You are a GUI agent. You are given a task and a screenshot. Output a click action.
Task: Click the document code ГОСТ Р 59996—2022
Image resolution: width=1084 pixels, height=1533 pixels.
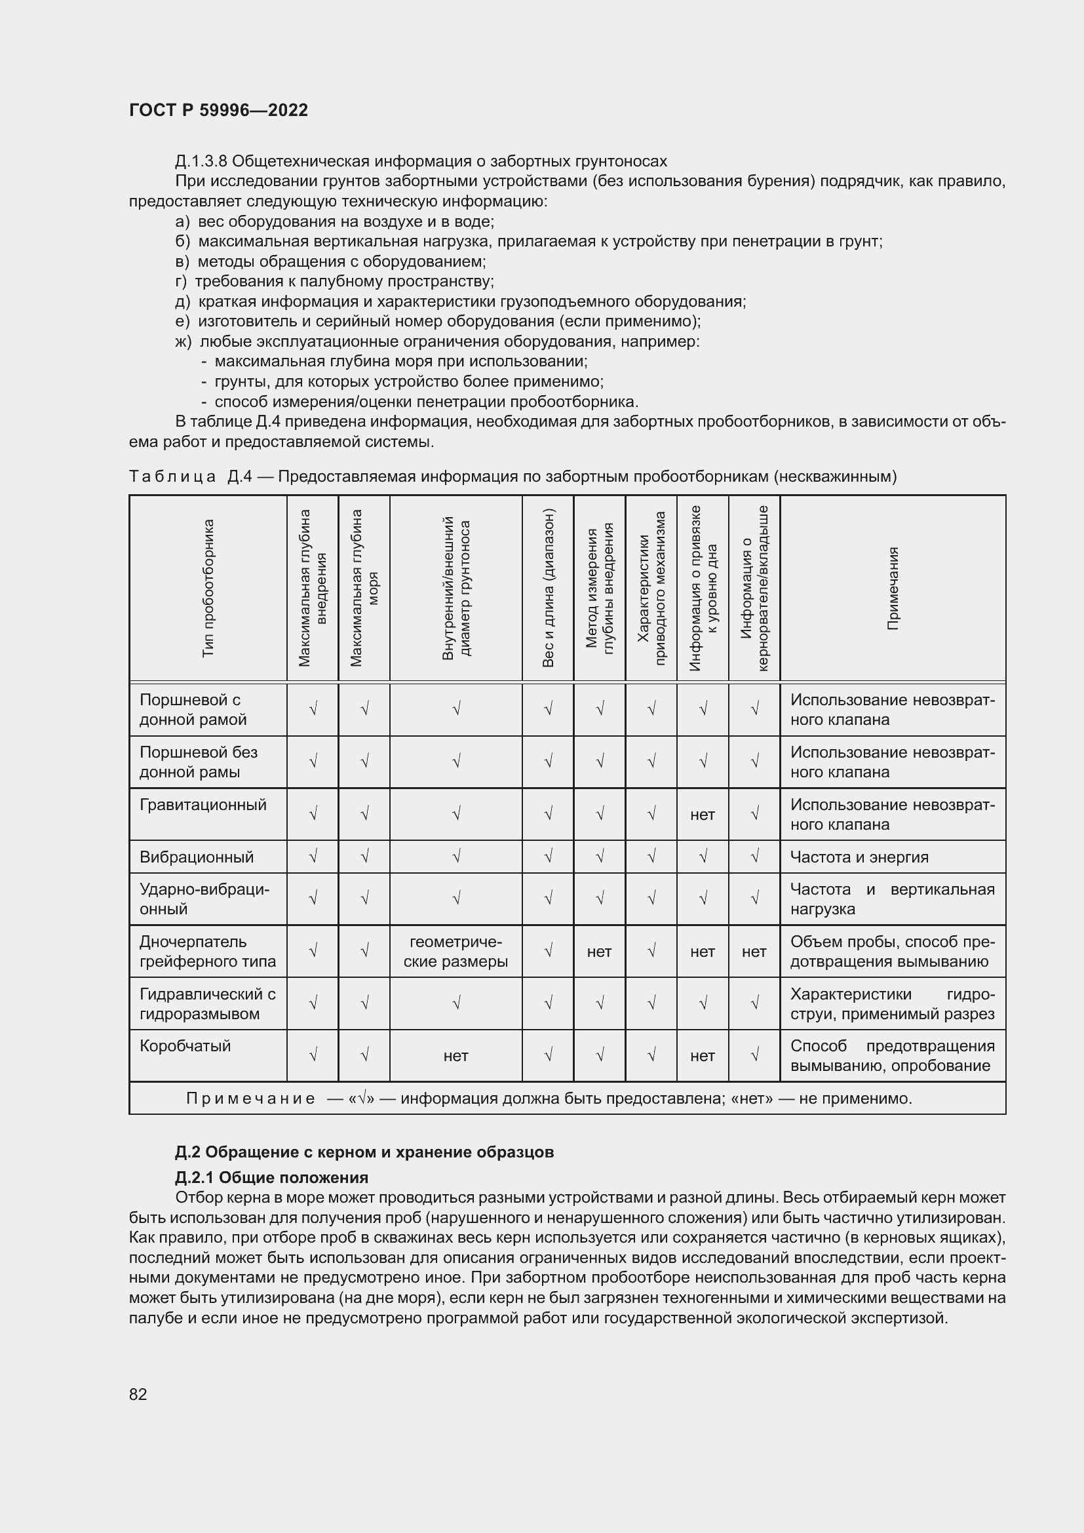(x=218, y=110)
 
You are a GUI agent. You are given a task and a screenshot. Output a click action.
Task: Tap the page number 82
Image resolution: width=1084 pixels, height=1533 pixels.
(x=138, y=1393)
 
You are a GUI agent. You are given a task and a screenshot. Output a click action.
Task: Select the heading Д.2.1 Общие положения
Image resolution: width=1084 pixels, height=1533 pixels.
(x=272, y=1177)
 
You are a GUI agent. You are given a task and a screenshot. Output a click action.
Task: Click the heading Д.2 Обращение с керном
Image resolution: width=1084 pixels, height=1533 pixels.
(x=364, y=1152)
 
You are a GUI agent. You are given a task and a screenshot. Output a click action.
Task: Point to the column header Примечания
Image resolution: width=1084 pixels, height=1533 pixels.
(x=893, y=588)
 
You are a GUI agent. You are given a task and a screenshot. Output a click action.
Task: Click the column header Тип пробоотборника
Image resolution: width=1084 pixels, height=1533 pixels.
(x=208, y=588)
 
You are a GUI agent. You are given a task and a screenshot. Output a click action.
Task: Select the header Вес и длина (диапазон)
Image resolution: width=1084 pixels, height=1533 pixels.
(x=548, y=588)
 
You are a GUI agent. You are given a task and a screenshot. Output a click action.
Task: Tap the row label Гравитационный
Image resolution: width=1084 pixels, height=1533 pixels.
(x=203, y=805)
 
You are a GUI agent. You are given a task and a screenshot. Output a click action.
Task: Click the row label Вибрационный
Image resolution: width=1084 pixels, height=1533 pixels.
(x=196, y=857)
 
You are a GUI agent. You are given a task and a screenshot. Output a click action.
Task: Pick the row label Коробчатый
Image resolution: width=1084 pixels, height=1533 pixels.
(x=185, y=1045)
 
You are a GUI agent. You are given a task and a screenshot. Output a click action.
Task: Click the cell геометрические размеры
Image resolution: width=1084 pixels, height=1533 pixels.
(x=456, y=952)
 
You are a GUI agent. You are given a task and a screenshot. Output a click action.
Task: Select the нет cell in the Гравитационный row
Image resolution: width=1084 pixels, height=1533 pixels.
(x=702, y=815)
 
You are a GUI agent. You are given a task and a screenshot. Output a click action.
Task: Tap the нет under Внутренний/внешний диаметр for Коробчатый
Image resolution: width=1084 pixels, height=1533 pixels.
(x=456, y=1056)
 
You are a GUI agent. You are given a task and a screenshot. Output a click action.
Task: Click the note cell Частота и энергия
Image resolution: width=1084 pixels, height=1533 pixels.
(x=859, y=857)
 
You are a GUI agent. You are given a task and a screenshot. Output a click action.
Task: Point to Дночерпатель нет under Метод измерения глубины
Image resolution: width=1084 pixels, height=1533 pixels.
(x=600, y=952)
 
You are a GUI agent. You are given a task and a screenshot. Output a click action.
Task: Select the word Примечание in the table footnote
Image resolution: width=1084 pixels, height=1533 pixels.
(x=250, y=1098)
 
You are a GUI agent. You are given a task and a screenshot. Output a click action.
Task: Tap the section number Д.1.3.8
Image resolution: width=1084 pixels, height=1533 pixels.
(x=201, y=161)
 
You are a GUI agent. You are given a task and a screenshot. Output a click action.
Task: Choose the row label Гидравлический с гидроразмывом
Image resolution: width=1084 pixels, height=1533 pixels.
(x=207, y=1003)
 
